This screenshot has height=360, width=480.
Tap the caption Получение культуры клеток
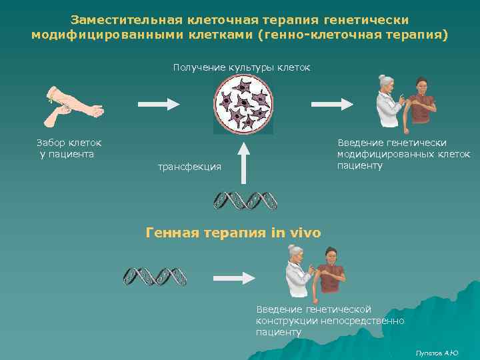click(241, 67)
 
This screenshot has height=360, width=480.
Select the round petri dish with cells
click(243, 103)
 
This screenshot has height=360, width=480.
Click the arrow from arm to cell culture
click(159, 104)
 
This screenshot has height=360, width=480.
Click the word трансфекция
click(189, 166)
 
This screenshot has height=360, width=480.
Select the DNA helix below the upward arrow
click(245, 200)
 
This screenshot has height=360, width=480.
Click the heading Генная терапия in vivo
click(233, 233)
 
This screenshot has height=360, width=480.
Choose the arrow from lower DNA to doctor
click(234, 276)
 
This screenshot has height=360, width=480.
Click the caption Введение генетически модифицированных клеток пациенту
click(403, 154)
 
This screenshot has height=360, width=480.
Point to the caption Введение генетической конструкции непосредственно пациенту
click(330, 320)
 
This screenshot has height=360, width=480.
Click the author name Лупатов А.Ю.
click(437, 352)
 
